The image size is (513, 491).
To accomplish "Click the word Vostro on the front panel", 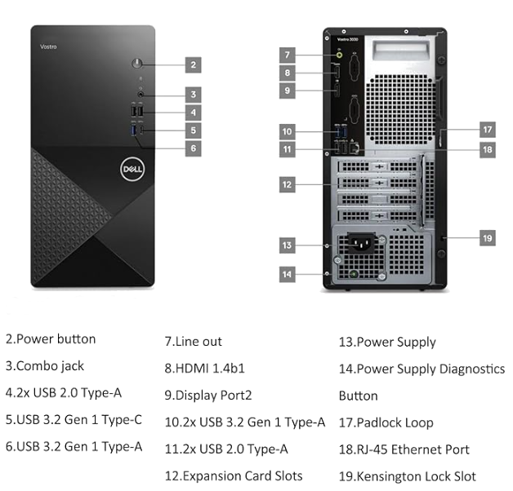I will coord(48,46).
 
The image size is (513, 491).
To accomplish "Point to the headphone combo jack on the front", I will coord(141,94).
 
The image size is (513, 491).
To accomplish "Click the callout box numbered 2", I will coord(193,64).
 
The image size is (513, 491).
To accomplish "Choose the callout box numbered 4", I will coord(193,112).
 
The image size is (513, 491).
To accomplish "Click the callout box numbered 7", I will coord(287,55).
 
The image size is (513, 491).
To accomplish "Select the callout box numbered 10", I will coord(287,130).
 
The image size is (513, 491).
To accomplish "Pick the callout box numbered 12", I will coord(287,185).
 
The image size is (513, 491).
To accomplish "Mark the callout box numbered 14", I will coord(287,274).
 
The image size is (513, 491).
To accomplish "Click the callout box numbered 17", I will coord(487,129).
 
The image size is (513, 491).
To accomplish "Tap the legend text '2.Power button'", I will coord(51,339).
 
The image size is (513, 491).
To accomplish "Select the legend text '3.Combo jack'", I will coord(45,366).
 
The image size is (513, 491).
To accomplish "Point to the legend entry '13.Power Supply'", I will coord(387,342).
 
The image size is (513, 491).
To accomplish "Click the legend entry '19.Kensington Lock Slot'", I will coord(407,476).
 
